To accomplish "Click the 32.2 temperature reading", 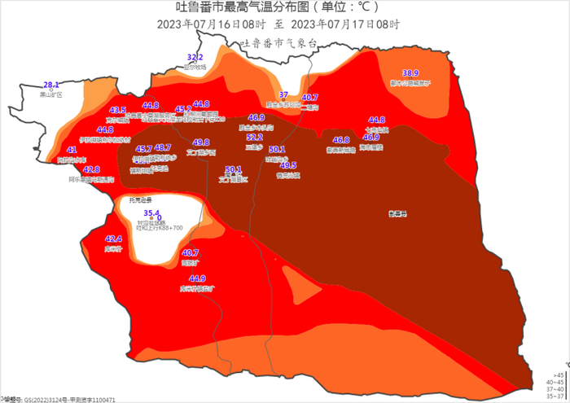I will click(195, 58).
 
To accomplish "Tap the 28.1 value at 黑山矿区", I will click(51, 85).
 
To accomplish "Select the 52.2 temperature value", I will click(255, 138).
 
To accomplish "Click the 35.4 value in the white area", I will click(151, 212).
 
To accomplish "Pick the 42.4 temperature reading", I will click(114, 239).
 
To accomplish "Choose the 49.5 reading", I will click(288, 165).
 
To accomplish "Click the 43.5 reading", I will click(118, 110).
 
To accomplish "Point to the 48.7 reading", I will click(163, 148).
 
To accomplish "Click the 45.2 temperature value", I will click(183, 108).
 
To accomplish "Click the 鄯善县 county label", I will click(398, 214).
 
